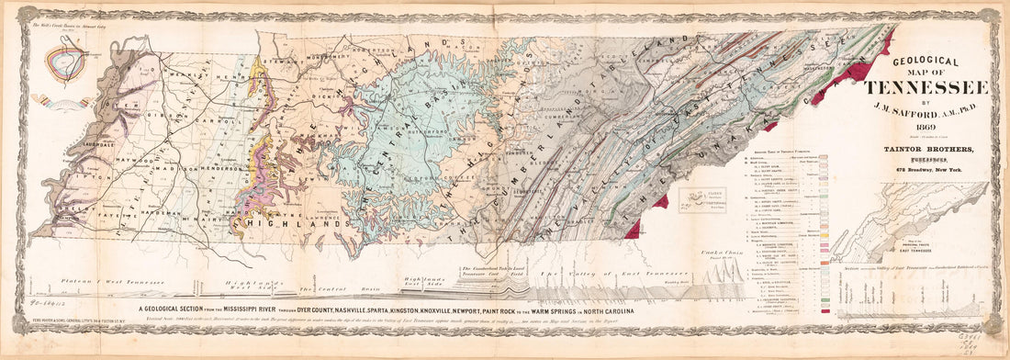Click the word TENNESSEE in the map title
pyautogui.click(x=926, y=87)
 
